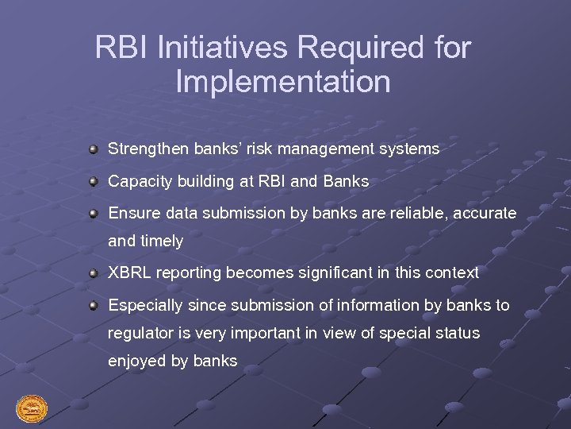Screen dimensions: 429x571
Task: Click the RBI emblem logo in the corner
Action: [x=32, y=409]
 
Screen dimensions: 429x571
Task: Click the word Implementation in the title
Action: [x=283, y=82]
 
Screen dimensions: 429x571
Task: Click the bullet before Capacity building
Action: [x=94, y=181]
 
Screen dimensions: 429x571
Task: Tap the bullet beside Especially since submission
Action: [x=94, y=305]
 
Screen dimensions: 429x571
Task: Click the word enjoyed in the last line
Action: [x=137, y=361]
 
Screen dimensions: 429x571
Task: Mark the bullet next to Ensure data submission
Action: [x=94, y=214]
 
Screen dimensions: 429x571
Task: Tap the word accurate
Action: [x=485, y=214]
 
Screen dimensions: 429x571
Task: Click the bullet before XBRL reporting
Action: [x=94, y=272]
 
